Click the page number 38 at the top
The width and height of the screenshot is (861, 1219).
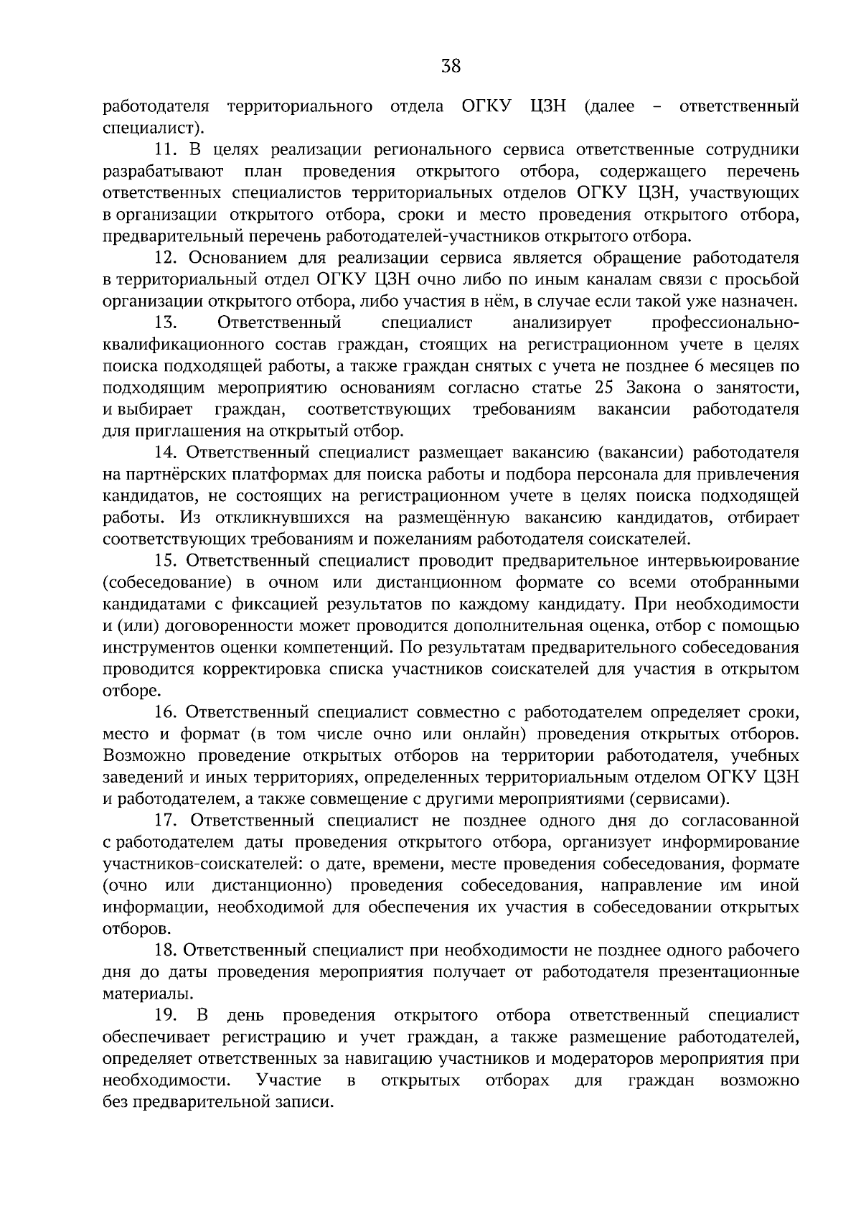pyautogui.click(x=451, y=67)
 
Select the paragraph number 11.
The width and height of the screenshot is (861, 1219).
pyautogui.click(x=166, y=150)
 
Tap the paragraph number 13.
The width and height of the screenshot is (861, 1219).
pyautogui.click(x=166, y=323)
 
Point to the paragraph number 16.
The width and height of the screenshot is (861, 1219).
pyautogui.click(x=166, y=712)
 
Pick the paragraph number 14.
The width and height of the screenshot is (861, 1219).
pyautogui.click(x=166, y=452)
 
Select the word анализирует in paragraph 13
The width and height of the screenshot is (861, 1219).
pyautogui.click(x=561, y=323)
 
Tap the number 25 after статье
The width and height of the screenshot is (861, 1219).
pyautogui.click(x=606, y=388)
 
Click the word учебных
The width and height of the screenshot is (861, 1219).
pyautogui.click(x=769, y=756)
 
